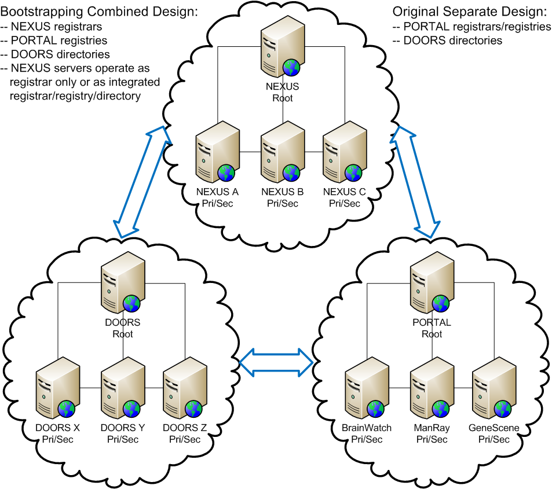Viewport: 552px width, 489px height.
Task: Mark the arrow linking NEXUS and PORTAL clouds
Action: tap(414, 182)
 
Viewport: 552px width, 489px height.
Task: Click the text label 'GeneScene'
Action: tap(493, 428)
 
